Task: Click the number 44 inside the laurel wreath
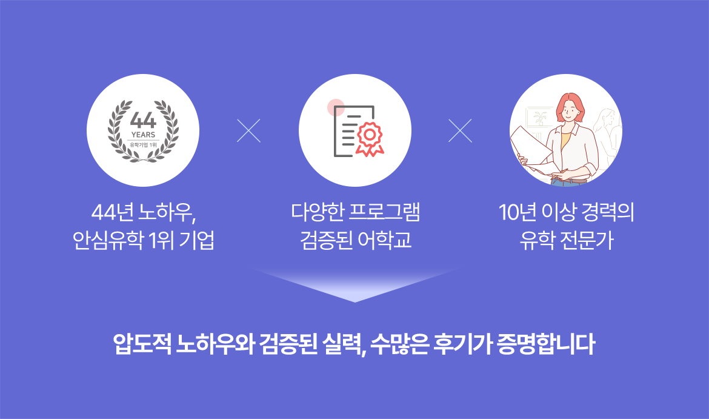[143, 120]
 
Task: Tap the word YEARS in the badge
[144, 135]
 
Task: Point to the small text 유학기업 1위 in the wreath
[144, 145]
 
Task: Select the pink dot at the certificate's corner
[336, 108]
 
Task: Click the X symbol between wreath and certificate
[248, 130]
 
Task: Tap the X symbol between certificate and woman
[461, 130]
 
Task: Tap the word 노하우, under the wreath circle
[167, 212]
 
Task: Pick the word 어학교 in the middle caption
[384, 240]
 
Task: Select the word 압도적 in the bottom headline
[142, 344]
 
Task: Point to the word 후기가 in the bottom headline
[462, 344]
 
